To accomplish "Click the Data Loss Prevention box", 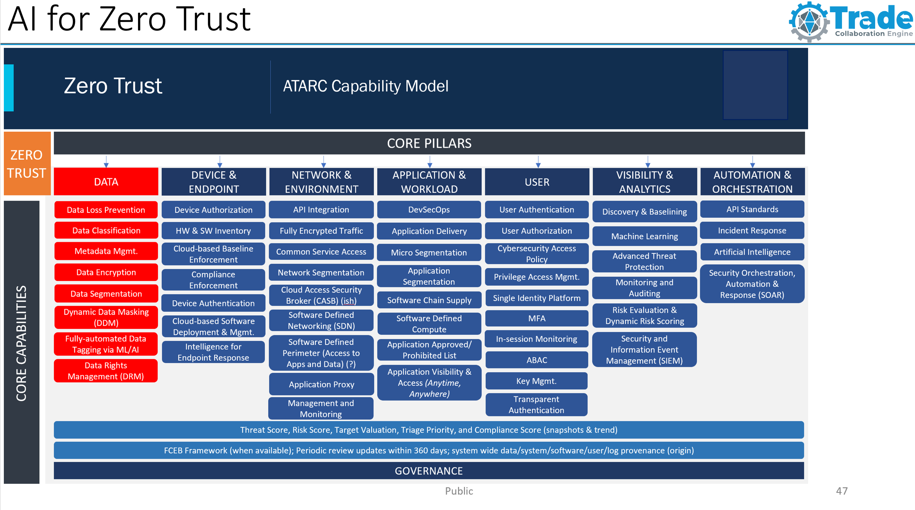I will point(106,210).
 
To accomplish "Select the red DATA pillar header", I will point(106,182).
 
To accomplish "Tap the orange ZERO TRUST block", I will point(27,164).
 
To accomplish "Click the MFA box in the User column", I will point(536,318).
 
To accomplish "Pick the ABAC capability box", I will point(536,360).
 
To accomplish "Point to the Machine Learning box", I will point(644,236).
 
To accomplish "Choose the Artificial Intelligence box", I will point(752,252).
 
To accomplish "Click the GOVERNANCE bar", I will point(428,471).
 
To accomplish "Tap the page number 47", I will point(842,491).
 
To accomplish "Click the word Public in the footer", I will point(459,491).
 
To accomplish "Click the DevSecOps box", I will point(429,210).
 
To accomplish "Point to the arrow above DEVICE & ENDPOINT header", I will point(220,162).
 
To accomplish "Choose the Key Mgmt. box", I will point(536,381).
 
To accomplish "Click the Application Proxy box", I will point(321,384).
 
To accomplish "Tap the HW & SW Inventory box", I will point(213,231).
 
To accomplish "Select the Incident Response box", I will point(752,230).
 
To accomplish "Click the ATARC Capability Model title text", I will point(365,86).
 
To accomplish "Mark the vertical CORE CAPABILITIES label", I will point(21,343).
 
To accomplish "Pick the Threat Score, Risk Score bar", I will point(428,430).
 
